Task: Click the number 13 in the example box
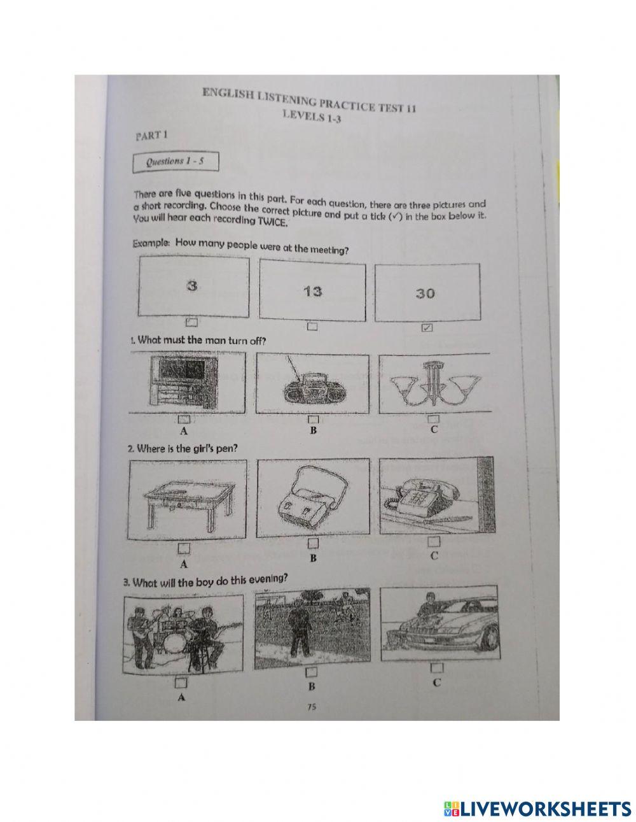[x=313, y=292]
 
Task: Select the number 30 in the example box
[x=425, y=294]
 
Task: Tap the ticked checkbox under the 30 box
[x=427, y=327]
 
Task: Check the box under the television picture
[x=184, y=419]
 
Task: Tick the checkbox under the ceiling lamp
[x=433, y=419]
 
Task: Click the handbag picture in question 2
[x=310, y=500]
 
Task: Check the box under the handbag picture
[x=312, y=543]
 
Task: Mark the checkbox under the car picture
[x=436, y=668]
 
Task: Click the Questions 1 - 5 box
[x=176, y=162]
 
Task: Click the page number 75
[x=311, y=705]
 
